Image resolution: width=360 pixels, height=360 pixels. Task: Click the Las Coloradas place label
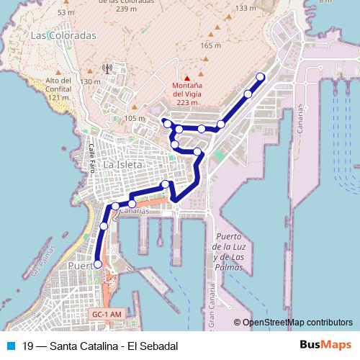63,35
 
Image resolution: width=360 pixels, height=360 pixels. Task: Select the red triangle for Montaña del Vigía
187,78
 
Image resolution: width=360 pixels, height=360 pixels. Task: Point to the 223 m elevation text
187,102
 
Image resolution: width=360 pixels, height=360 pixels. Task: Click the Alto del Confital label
58,84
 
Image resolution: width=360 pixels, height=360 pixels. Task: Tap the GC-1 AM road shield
107,315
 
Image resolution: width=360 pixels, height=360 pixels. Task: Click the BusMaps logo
325,346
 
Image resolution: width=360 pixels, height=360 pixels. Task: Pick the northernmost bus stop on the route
261,77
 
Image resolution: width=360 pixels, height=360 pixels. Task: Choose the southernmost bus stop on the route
98,264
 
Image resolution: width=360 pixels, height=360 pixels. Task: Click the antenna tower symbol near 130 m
107,70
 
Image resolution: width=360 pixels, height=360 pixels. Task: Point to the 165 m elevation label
211,45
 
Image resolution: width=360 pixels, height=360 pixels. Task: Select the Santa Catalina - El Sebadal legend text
100,346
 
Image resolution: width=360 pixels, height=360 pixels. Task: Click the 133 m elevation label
246,8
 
